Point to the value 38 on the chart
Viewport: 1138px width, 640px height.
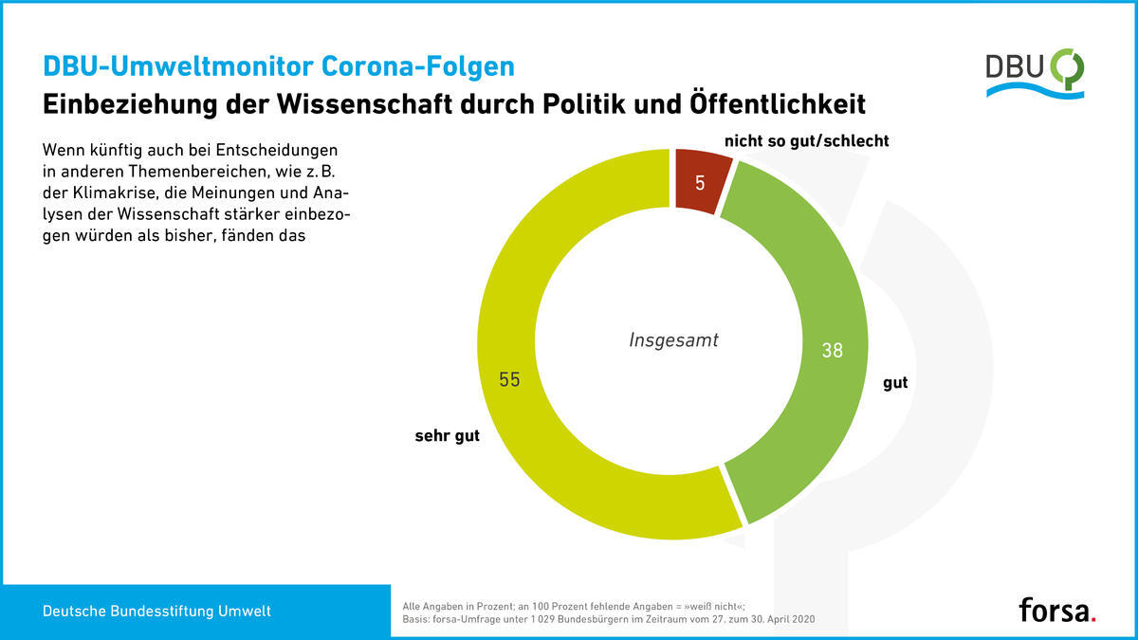coord(831,350)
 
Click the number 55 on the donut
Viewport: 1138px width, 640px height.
coord(509,379)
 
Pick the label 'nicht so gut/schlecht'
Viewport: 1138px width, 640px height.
coord(806,141)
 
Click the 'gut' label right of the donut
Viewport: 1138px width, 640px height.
coord(895,383)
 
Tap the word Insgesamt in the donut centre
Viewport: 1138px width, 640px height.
coord(673,339)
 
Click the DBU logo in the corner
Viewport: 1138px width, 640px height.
coord(1035,73)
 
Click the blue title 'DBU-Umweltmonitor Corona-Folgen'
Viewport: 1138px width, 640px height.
coord(278,66)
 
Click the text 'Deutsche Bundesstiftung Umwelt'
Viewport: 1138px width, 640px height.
coord(156,612)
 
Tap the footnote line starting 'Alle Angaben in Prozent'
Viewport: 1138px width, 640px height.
coord(575,604)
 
